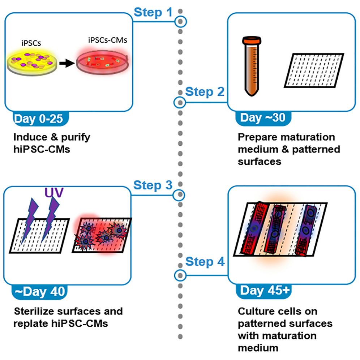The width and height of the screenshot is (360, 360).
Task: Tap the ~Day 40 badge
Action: [x=40, y=292]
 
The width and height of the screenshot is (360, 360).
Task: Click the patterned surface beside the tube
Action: [x=314, y=70]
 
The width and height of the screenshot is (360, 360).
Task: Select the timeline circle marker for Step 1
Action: [x=180, y=22]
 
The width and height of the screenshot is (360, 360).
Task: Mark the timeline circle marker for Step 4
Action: [x=179, y=275]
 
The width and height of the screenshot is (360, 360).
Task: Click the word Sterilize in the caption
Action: [x=34, y=311]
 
